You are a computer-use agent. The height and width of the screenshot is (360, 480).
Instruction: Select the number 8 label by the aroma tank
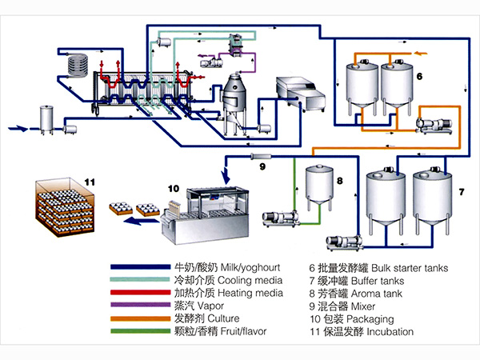coord(339,182)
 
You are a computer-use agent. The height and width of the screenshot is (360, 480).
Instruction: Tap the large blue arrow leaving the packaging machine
coord(140,224)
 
